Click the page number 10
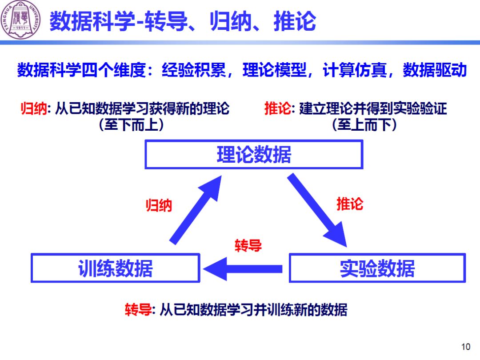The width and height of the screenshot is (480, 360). coord(466,347)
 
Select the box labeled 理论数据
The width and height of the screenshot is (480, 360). coord(254,155)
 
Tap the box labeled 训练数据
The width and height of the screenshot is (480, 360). coord(115,268)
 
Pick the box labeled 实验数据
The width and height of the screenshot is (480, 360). coord(377,268)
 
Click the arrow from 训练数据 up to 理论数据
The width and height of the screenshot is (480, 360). coord(196,209)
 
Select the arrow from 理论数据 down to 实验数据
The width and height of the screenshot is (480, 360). coord(318,209)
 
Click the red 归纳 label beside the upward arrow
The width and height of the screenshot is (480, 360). coord(159,205)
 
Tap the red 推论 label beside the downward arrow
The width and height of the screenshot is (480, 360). coord(350,204)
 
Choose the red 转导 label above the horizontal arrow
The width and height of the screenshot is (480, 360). coord(248,245)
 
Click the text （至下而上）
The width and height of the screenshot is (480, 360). coord(132,125)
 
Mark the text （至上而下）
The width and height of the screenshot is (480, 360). coord(364,125)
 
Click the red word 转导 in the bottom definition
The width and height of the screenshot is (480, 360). coord(138,309)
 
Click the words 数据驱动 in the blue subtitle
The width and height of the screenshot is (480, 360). coord(434,71)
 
